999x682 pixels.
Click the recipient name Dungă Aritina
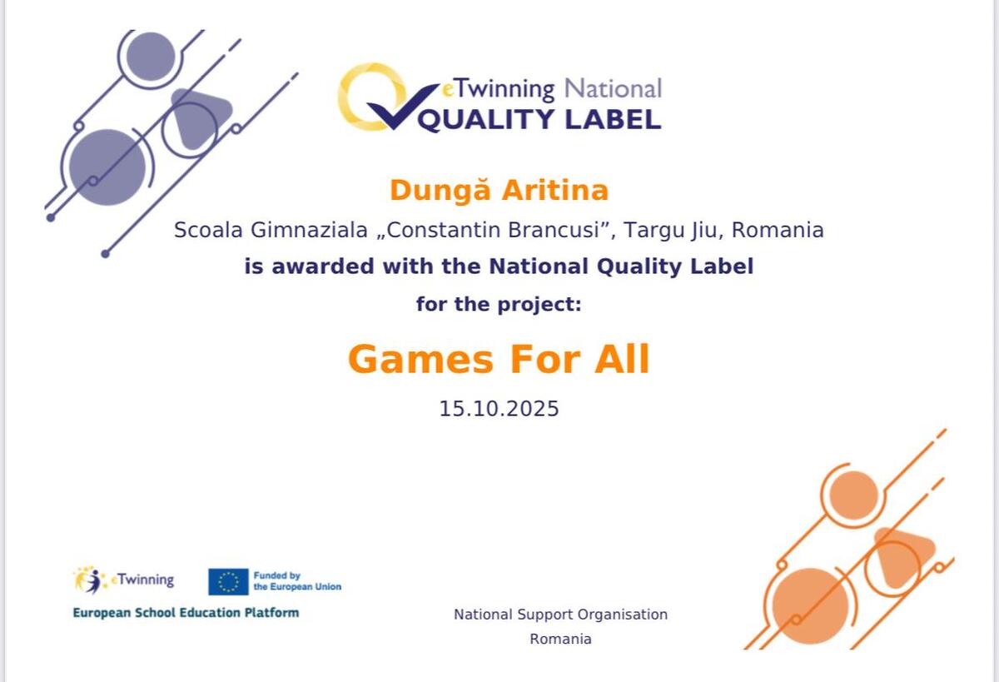(499, 191)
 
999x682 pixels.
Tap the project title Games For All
(498, 360)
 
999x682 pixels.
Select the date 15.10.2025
(499, 409)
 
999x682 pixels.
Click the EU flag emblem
(228, 581)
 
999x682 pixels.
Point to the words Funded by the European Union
(297, 581)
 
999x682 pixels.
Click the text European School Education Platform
(186, 613)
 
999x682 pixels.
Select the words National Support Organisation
(560, 615)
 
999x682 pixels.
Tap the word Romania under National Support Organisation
(560, 640)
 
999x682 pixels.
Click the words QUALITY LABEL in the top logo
(539, 120)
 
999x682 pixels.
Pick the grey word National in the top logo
(614, 88)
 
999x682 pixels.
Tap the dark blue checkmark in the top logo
(402, 107)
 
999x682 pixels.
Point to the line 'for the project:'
(499, 305)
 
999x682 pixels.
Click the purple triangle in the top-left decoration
(201, 117)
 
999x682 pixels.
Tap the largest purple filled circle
(107, 167)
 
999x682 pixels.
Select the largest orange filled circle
(810, 606)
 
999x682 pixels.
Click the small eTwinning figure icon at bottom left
(90, 580)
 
